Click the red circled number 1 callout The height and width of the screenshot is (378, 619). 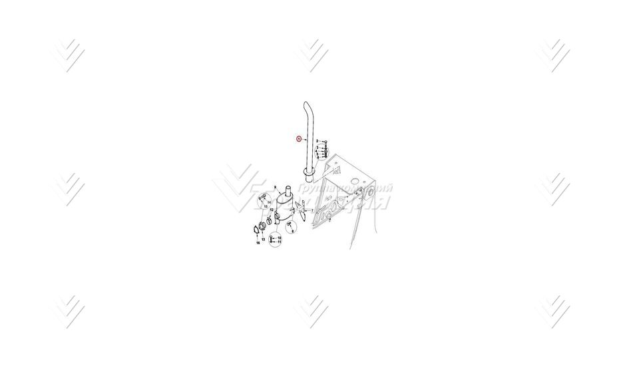pos(300,139)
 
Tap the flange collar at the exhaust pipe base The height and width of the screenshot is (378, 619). pos(310,175)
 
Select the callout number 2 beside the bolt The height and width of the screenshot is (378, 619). pos(317,141)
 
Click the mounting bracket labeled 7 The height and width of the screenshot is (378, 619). pos(302,213)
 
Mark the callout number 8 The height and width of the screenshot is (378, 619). pos(280,238)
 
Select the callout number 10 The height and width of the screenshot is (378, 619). pos(280,242)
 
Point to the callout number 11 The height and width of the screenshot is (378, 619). pos(271,210)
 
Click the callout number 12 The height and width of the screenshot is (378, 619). pos(262,238)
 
